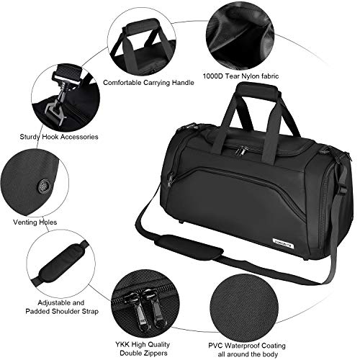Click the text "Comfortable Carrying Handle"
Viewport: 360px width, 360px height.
(x=148, y=83)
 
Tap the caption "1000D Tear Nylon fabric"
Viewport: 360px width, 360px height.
(x=240, y=76)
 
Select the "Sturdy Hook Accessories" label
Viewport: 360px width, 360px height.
(x=59, y=137)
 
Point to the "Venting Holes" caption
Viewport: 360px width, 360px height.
(x=35, y=222)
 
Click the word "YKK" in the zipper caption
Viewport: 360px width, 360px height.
(x=123, y=345)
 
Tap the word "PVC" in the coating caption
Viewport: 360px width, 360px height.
(x=216, y=346)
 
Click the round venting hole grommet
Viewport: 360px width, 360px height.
(x=44, y=186)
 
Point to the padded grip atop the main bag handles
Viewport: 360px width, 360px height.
(x=257, y=89)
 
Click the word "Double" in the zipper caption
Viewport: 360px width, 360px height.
(x=131, y=354)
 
